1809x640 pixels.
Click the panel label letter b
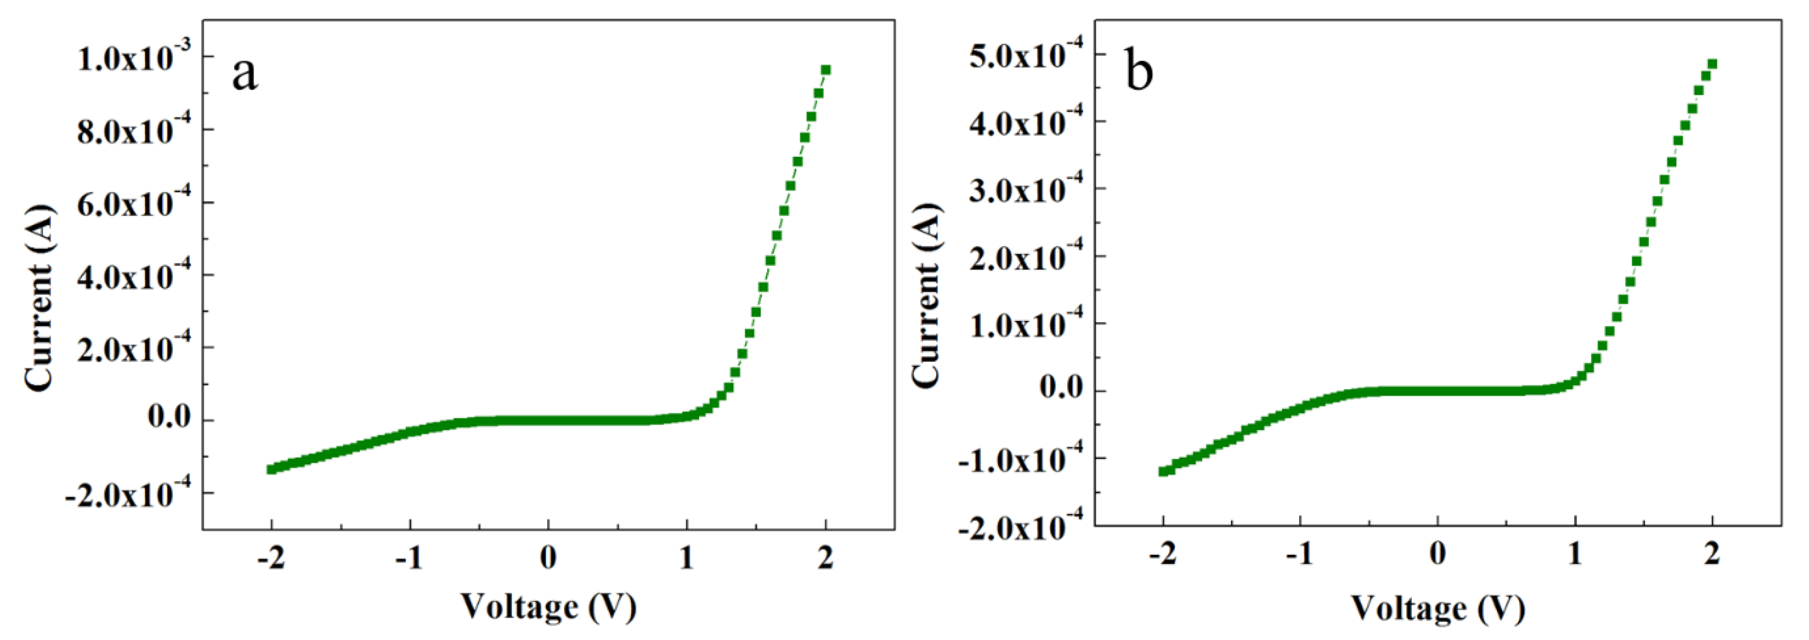point(1138,72)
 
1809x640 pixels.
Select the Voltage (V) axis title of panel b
point(1437,609)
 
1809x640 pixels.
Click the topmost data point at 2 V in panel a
point(826,70)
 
